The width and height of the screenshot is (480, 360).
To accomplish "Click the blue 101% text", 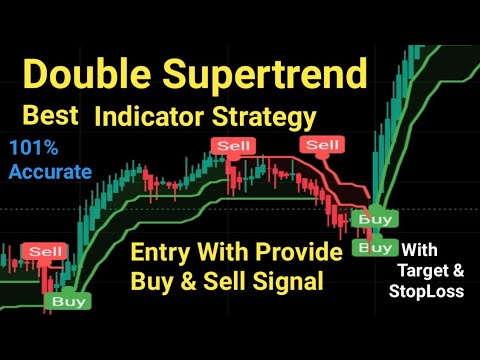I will pyautogui.click(x=34, y=149).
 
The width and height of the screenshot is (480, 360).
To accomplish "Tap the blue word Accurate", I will pyautogui.click(x=49, y=171).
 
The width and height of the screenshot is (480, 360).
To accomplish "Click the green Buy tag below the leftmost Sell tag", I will pyautogui.click(x=69, y=299).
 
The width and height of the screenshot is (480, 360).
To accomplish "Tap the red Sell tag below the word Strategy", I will pyautogui.click(x=323, y=146).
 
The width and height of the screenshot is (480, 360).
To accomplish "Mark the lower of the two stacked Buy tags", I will pyautogui.click(x=375, y=246).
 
